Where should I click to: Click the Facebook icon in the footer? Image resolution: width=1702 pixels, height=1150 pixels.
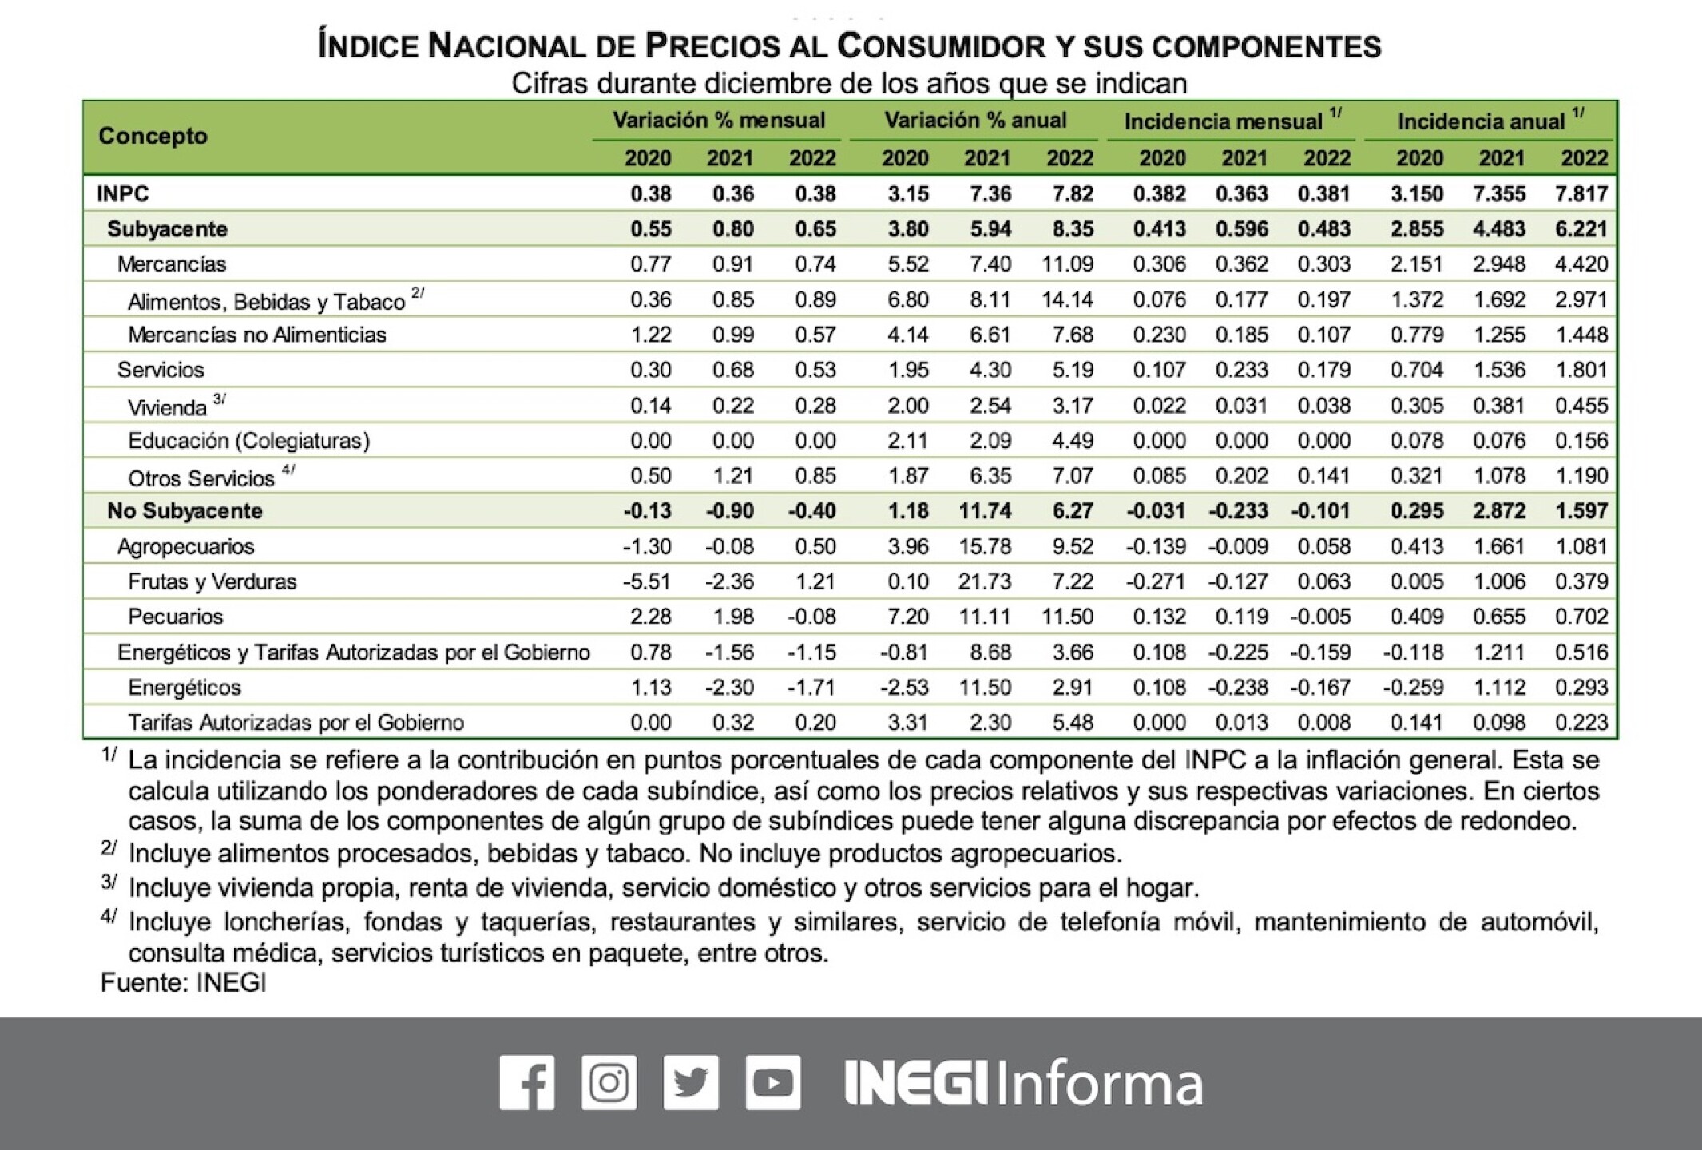(x=527, y=1082)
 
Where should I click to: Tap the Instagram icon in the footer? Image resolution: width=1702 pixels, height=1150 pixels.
(x=609, y=1082)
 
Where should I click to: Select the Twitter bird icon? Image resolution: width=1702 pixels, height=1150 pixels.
(x=691, y=1082)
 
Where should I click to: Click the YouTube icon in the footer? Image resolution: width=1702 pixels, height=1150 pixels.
(x=773, y=1082)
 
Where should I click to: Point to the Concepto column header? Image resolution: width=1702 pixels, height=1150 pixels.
(x=153, y=136)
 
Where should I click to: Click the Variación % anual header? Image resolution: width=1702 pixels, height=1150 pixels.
(x=974, y=121)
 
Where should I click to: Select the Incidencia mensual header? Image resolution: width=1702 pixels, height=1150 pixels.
(x=1223, y=121)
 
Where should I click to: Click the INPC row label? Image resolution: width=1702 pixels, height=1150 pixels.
(x=122, y=194)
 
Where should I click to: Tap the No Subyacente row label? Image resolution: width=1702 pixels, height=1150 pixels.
(x=184, y=511)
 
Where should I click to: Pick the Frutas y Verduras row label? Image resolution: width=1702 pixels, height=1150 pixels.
(x=212, y=581)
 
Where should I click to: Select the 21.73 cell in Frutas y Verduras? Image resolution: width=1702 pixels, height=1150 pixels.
(x=985, y=581)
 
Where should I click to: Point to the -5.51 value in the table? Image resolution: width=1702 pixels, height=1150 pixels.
(x=647, y=581)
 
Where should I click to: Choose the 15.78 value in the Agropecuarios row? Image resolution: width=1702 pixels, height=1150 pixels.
(x=985, y=546)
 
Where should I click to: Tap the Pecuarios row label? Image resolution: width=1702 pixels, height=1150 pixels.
(x=175, y=617)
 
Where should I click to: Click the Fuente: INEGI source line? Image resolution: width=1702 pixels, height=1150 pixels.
(x=183, y=982)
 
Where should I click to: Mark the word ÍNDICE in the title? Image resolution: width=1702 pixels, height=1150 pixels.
(x=367, y=46)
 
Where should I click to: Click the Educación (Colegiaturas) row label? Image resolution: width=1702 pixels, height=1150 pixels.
(x=248, y=441)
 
